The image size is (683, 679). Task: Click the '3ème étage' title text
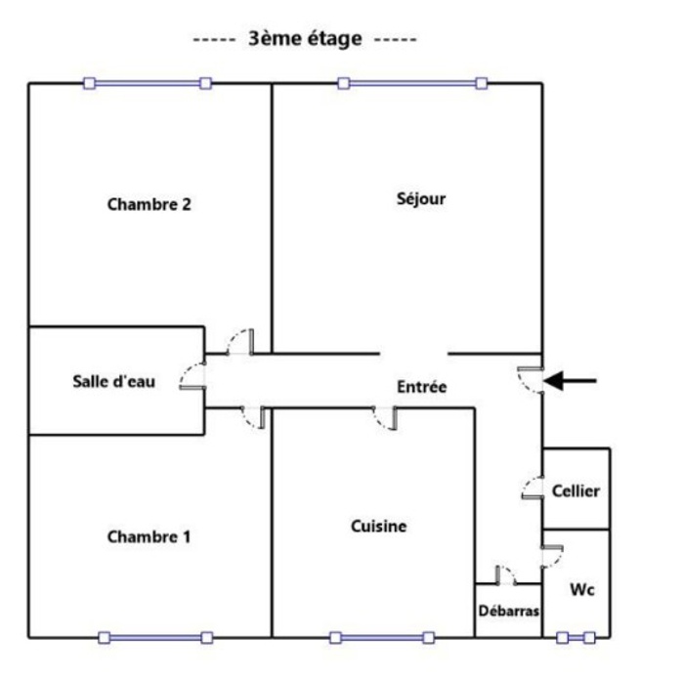point(305,39)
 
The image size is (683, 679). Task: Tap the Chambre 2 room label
point(149,204)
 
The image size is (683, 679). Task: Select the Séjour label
point(421,199)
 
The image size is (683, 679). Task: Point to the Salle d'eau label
point(113,381)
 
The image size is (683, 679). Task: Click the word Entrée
point(422,387)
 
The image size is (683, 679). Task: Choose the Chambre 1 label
point(149,536)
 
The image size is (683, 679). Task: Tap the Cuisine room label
point(378,527)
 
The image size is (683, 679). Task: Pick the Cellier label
point(576,490)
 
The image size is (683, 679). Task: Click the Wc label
point(582,590)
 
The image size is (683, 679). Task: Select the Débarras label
point(509,611)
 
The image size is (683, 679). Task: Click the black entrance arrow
point(570,381)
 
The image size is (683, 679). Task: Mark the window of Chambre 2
point(148,83)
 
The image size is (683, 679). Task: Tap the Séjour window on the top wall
point(412,83)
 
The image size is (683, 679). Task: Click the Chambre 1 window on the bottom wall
point(155,638)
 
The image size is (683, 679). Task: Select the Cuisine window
point(382,638)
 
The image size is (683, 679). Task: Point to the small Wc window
point(576,638)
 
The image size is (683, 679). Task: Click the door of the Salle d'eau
point(192,375)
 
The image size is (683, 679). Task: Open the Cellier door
point(533,488)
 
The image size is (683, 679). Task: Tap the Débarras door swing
point(505,575)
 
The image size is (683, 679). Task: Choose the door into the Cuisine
point(385,418)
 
